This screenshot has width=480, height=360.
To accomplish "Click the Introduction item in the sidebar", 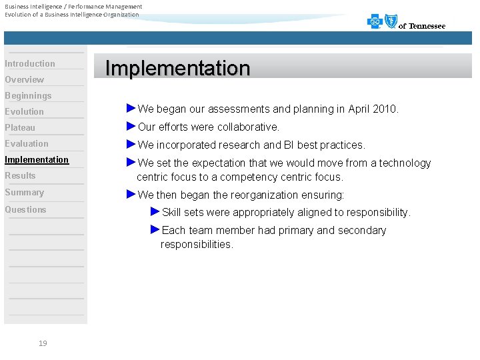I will coord(30,64).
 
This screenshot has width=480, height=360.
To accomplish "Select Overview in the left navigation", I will coord(25,80).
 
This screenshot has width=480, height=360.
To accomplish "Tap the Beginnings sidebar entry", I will coord(28,96).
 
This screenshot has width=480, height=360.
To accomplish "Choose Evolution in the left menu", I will coord(25,112).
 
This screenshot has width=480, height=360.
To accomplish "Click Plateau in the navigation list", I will coord(20,128).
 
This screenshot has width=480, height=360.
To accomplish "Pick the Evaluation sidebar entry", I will coord(27,144).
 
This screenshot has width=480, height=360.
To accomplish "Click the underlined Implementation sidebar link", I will coord(37,160).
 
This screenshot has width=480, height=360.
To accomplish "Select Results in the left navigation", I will coord(20,176).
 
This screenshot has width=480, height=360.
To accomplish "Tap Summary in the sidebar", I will coord(25,193).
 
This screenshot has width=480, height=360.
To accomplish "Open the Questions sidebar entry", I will coord(26,210).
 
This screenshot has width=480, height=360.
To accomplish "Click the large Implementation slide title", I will coord(178,68).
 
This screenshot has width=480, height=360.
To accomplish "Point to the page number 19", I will coord(43,343).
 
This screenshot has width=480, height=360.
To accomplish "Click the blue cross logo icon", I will coord(375,23).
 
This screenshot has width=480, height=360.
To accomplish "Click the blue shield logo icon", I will coord(391,22).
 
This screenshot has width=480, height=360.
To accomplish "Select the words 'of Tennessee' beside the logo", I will coord(422,26).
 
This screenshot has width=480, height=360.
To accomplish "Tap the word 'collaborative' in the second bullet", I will coord(247,127).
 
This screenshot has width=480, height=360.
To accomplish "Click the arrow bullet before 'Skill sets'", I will coord(155,211).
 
